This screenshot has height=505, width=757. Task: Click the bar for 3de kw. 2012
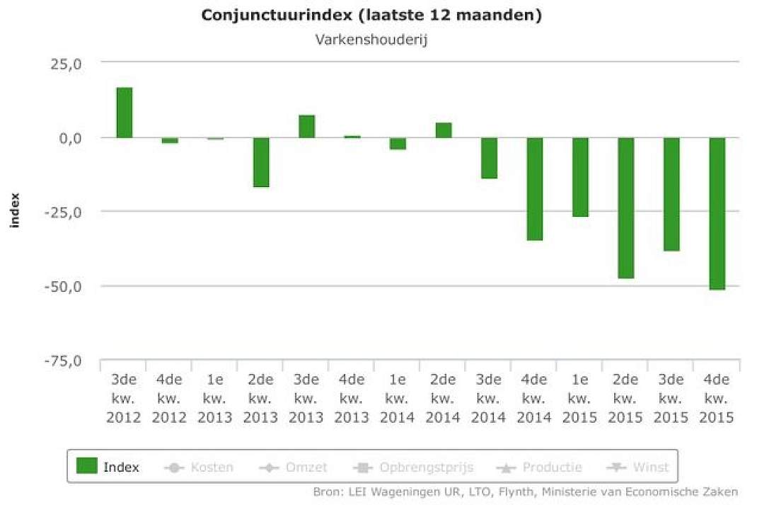[124, 113]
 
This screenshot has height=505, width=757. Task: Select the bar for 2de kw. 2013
[261, 162]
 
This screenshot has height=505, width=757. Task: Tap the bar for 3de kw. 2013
[306, 127]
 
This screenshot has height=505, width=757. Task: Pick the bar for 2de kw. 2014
[444, 130]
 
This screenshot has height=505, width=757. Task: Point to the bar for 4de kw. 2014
[534, 189]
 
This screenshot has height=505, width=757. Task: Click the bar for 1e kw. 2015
[580, 177]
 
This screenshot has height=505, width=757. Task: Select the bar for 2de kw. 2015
[625, 208]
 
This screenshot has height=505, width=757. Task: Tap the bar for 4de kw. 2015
[717, 214]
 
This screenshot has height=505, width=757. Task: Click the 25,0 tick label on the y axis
[66, 64]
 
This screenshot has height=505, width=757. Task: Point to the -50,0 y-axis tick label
[63, 286]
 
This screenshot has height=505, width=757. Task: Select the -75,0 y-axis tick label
[63, 361]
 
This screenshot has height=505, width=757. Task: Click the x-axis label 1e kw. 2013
[215, 398]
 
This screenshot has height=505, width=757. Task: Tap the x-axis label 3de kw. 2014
[489, 398]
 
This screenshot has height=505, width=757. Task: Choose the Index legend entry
[108, 467]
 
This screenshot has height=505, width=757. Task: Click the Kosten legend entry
[199, 467]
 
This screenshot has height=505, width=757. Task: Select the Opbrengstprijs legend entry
[413, 467]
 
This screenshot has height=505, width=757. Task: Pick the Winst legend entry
[637, 467]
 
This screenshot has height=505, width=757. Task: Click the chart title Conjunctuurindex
[277, 15]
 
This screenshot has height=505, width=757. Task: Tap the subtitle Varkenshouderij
[371, 40]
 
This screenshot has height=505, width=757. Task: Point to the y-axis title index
[15, 210]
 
